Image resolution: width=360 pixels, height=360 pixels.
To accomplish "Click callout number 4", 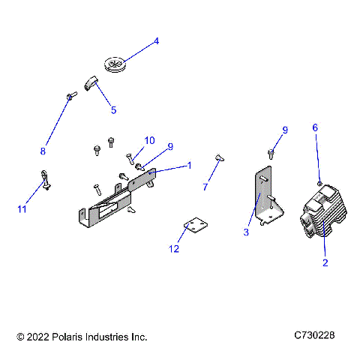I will click(156, 41).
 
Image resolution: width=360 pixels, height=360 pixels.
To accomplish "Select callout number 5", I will click(113, 110).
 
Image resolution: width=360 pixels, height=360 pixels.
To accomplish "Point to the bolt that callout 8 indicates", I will click(70, 96).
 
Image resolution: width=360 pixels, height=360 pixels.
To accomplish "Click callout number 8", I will click(43, 151).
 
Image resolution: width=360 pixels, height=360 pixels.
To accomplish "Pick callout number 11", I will click(22, 209).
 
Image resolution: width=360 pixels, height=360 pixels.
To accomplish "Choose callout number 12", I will click(175, 247).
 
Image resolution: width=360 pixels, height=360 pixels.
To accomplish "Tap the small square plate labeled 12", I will click(195, 226).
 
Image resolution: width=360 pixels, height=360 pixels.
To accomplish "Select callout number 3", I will click(245, 232).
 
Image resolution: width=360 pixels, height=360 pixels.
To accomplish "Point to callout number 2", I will click(325, 262).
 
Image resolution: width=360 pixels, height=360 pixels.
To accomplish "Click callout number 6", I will click(315, 127).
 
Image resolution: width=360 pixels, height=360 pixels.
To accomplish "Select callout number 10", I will click(149, 140).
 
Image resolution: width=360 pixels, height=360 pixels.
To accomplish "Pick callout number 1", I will click(190, 165).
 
